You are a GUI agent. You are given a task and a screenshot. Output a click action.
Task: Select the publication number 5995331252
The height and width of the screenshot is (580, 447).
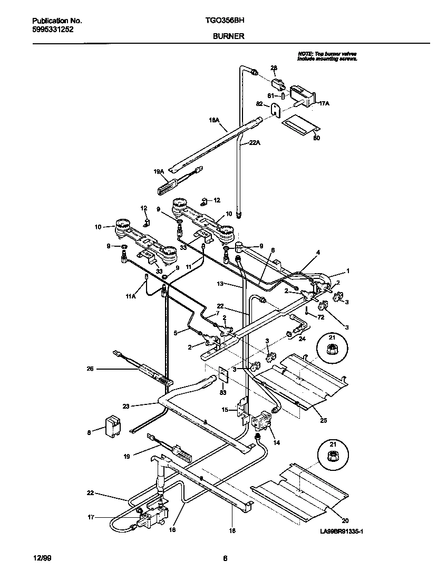pyautogui.click(x=53, y=30)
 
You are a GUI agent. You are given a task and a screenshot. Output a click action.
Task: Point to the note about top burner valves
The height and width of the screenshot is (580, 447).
pyautogui.click(x=327, y=56)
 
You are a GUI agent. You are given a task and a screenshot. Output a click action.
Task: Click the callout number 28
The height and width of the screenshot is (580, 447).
pyautogui.click(x=274, y=67)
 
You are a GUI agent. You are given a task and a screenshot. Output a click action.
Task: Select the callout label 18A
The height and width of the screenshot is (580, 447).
pyautogui.click(x=214, y=120)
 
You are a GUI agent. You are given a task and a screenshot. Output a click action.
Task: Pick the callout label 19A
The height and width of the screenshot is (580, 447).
pyautogui.click(x=159, y=171)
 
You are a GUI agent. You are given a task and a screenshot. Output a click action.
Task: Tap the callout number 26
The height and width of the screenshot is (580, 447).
pyautogui.click(x=90, y=369)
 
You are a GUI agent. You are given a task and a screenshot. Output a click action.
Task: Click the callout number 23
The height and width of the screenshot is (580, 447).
pyautogui.click(x=126, y=406)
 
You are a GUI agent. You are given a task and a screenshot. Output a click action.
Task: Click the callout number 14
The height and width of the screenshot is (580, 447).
pyautogui.click(x=276, y=443)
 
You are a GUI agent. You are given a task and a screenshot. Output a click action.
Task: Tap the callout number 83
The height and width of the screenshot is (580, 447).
pyautogui.click(x=224, y=392)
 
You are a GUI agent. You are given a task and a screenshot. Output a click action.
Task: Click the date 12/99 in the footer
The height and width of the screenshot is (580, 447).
pyautogui.click(x=40, y=559)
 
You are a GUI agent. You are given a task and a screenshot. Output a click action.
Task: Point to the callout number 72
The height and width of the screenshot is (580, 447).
pyautogui.click(x=320, y=316)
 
